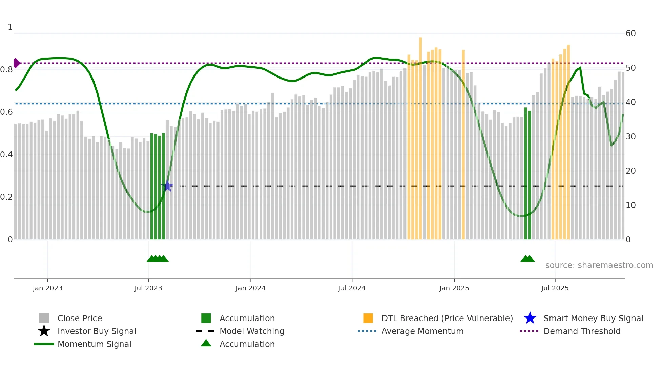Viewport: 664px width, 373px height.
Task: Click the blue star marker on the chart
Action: pos(167,186)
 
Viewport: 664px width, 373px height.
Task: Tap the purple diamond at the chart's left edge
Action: pos(16,63)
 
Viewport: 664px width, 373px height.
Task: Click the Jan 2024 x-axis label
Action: pos(250,288)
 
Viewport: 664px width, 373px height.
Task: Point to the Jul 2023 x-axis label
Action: pos(148,288)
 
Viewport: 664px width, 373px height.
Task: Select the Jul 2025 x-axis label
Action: pos(555,288)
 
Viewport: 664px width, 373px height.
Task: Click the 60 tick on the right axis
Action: pos(630,34)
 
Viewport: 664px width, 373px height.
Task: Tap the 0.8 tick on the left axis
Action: pos(6,70)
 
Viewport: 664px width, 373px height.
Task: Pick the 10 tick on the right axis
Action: pos(630,205)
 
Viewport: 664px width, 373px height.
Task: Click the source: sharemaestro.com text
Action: pos(599,265)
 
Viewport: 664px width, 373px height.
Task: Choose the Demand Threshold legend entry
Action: pos(582,331)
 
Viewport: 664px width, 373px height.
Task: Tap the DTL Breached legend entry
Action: pos(447,318)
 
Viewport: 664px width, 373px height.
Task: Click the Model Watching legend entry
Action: pos(251,331)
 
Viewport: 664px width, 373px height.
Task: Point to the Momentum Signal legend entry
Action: pos(94,344)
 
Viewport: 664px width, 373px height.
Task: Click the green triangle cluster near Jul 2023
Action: pos(158,259)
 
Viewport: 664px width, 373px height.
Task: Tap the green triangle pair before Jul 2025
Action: pos(527,259)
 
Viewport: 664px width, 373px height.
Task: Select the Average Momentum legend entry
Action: pos(422,331)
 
